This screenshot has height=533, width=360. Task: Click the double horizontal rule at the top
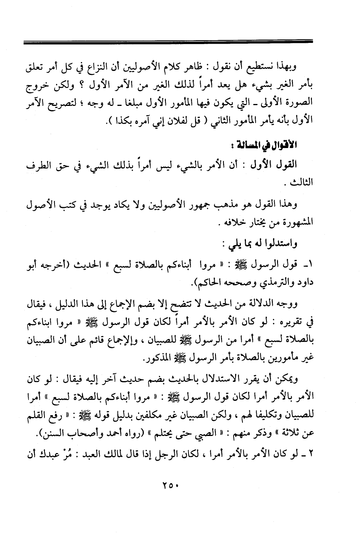pyautogui.click(x=168, y=41)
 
